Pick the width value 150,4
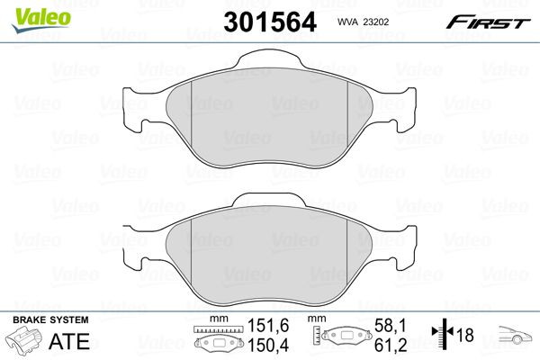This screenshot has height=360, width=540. pos(250,346)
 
